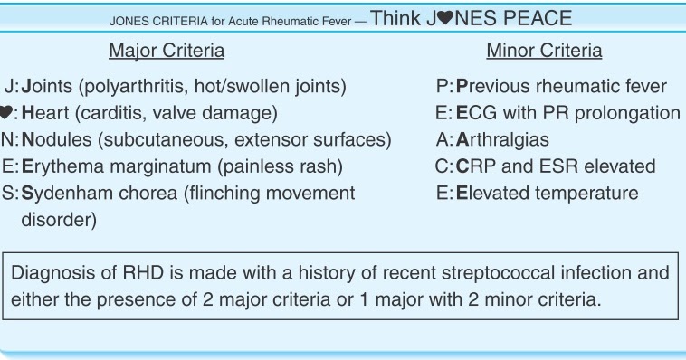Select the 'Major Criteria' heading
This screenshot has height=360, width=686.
click(167, 51)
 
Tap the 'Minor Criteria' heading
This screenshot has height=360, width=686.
click(544, 51)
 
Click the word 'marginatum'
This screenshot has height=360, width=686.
click(148, 166)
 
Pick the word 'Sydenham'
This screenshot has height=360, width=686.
click(66, 193)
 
